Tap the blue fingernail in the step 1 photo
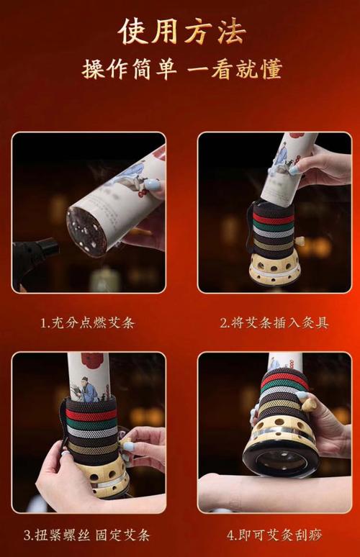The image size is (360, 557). [x=153, y=185]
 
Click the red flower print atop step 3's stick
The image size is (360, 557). [x=92, y=359]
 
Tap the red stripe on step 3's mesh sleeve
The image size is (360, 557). [x=91, y=415]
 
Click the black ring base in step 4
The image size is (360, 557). [x=281, y=464]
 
